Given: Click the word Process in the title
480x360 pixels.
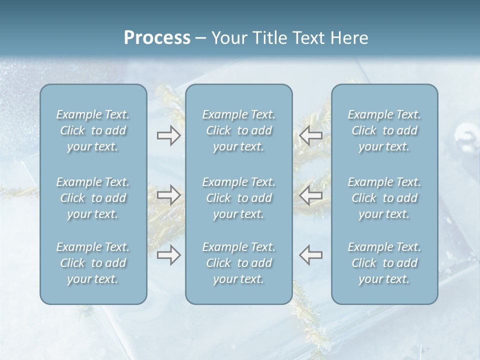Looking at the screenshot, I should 157,38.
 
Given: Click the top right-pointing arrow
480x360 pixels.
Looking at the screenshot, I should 168,135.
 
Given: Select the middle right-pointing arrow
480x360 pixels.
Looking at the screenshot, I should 168,195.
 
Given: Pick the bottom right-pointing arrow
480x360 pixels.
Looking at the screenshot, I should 168,255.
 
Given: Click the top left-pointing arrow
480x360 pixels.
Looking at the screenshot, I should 311,135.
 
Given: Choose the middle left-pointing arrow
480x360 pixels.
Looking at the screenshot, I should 311,195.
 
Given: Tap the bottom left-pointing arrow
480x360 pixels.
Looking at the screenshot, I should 311,255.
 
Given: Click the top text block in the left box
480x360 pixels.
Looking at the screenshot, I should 93,131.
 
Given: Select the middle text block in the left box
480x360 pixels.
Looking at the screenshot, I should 93,198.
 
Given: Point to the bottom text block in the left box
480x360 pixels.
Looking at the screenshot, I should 93,263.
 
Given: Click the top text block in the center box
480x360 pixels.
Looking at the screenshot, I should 238,131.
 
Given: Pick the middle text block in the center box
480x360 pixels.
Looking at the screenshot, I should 238,198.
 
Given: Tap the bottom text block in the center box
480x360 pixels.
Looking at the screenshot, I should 238,263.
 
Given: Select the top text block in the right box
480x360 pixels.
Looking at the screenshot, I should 384,131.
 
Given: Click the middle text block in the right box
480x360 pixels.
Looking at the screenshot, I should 384,198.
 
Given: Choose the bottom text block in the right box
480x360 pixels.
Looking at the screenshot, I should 384,263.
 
